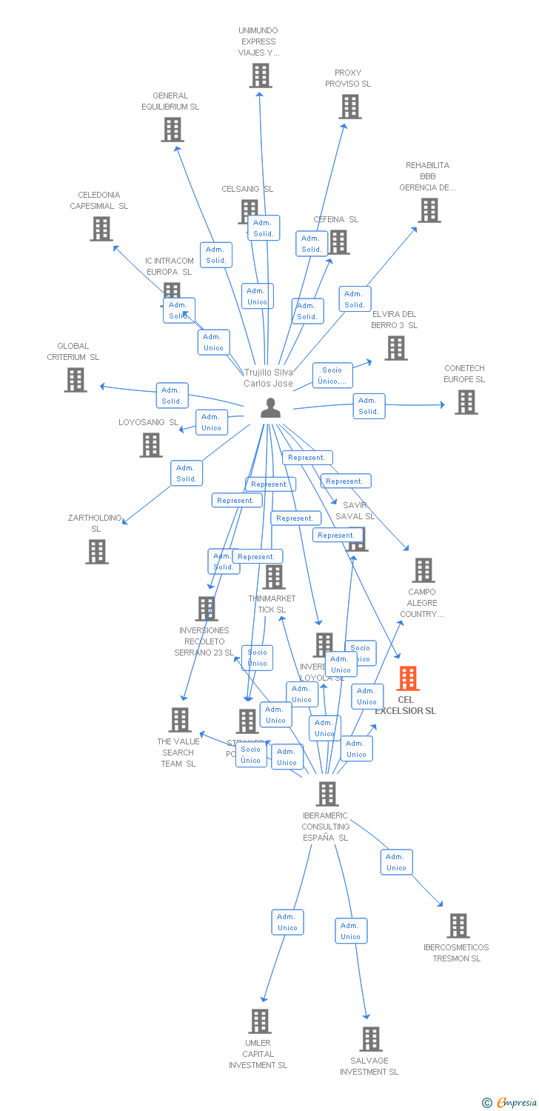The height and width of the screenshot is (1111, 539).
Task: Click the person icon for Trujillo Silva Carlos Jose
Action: [x=271, y=408]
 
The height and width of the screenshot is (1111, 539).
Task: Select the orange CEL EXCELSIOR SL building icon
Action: [x=408, y=678]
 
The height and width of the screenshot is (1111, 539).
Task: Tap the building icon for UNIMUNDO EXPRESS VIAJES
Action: [x=260, y=76]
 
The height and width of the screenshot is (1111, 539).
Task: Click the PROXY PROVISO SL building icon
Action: [x=349, y=107]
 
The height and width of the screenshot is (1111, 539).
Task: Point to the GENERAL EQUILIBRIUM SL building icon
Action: [x=172, y=130]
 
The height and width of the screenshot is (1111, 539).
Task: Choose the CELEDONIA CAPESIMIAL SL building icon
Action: [x=101, y=229]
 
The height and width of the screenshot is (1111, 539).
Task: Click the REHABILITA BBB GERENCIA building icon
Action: [x=429, y=210]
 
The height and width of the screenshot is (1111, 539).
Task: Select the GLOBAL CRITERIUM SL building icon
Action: [x=76, y=380]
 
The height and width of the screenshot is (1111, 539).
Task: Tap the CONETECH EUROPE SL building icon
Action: [x=466, y=402]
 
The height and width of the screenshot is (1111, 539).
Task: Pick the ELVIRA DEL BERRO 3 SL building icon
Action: [x=396, y=348]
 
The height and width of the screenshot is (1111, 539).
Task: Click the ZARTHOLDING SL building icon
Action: [x=97, y=552]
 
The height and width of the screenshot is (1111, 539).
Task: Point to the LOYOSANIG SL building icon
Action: [x=151, y=445]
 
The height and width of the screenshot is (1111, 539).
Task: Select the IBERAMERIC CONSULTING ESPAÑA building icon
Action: [x=327, y=794]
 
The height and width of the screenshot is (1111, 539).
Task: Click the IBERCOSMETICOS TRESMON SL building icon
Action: [x=458, y=926]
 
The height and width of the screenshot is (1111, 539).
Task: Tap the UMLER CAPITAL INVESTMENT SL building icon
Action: [x=259, y=1021]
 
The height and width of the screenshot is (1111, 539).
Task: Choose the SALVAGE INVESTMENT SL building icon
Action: [x=371, y=1039]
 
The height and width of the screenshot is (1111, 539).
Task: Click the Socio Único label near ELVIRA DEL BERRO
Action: [x=332, y=376]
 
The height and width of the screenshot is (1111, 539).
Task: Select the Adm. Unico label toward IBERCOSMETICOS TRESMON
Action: [x=397, y=862]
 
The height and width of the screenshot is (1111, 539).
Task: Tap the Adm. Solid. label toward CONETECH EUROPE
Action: [x=369, y=406]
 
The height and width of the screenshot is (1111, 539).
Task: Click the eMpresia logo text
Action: [x=515, y=1103]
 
